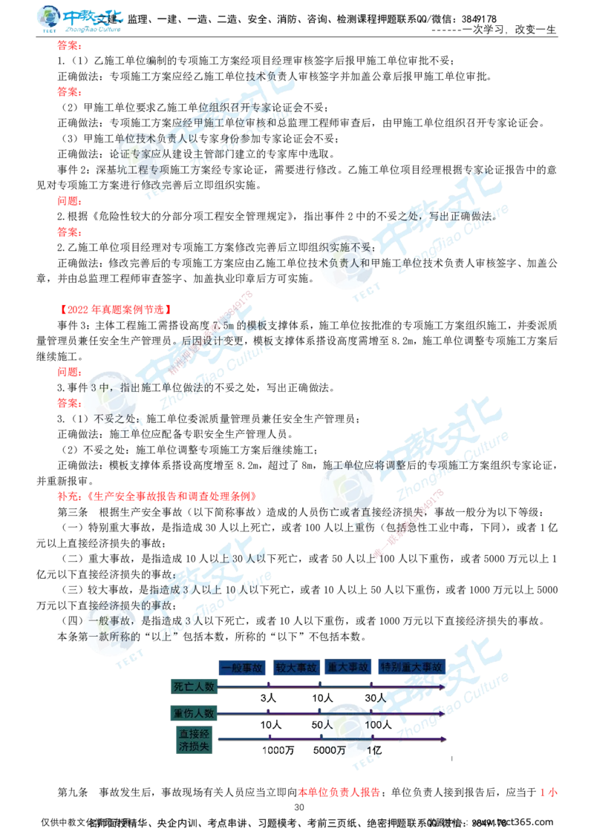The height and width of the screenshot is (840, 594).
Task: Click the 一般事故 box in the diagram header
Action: (x=241, y=667)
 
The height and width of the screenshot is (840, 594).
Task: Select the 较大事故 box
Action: (x=296, y=667)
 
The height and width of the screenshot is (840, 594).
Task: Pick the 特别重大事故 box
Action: (x=412, y=667)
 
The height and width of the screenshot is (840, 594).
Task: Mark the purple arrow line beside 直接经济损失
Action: (x=334, y=739)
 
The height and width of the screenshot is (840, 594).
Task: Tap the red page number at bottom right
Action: (x=549, y=793)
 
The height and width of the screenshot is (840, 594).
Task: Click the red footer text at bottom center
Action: (x=338, y=793)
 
